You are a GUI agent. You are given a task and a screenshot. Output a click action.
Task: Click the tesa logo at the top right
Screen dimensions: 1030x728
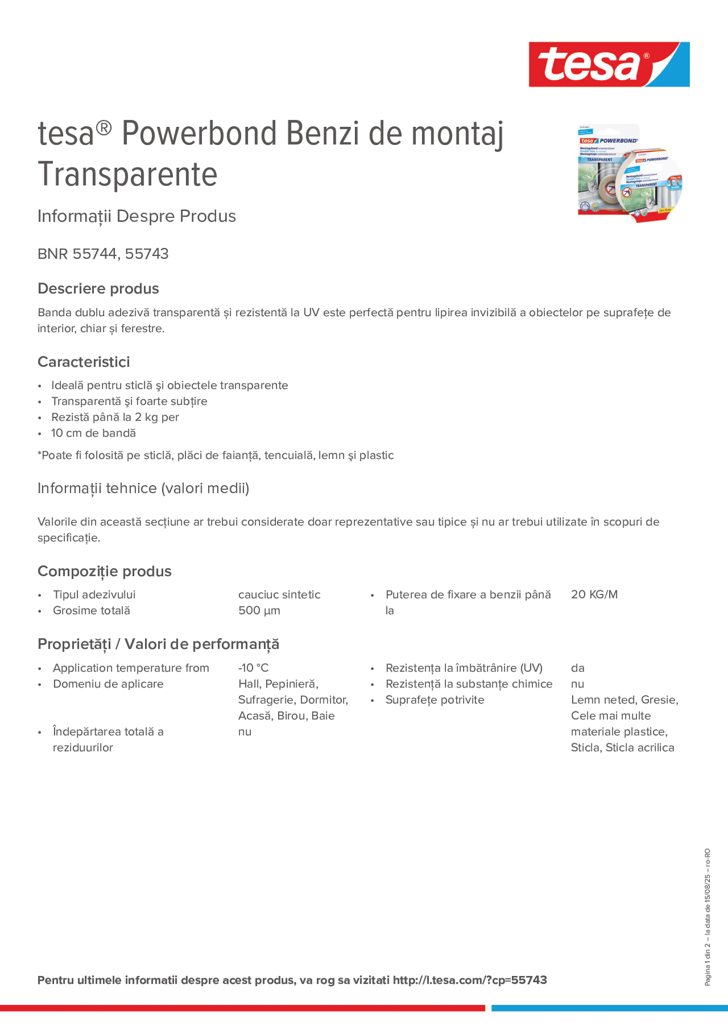tap(609, 64)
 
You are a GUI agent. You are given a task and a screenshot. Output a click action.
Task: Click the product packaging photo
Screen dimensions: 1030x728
tap(630, 173)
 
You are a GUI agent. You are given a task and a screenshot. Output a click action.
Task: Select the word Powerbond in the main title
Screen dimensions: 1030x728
tap(199, 133)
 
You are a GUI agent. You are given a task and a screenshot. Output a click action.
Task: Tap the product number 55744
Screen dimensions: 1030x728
tap(94, 254)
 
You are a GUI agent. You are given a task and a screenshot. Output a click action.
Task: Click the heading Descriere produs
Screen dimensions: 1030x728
tap(98, 288)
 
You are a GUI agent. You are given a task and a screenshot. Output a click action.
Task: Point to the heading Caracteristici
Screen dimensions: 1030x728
tap(83, 362)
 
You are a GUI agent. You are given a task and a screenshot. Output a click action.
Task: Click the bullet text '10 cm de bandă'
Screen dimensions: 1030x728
tap(93, 433)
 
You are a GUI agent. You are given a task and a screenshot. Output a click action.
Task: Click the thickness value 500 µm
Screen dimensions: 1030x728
tap(259, 610)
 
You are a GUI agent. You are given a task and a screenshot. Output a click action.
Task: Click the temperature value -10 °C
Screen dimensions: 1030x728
tap(253, 668)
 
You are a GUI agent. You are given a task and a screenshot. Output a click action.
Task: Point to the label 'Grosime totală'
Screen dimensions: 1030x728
tap(91, 610)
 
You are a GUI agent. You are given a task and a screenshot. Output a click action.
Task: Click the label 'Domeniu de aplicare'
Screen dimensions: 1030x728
tap(108, 684)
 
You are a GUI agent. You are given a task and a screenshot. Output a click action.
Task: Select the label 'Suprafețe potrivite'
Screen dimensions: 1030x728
tap(434, 700)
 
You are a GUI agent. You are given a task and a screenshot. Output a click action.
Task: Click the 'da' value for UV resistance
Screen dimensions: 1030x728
tap(578, 668)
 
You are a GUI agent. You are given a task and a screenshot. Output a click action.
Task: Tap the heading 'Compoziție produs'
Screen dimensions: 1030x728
tap(105, 571)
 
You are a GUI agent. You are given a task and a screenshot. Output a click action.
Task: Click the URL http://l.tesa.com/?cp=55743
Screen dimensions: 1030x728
tap(470, 980)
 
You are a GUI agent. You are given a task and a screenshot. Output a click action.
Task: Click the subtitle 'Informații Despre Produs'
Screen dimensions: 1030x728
tap(137, 216)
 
